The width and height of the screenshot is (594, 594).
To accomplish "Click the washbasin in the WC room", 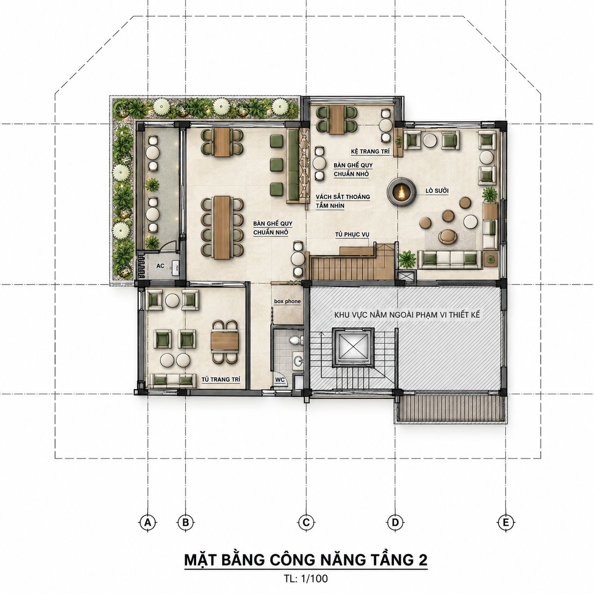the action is [297, 360].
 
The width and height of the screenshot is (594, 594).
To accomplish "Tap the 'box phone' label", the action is [288, 301].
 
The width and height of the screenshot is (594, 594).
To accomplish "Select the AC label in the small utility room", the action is [160, 266].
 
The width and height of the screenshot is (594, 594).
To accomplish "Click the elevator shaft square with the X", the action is [353, 347].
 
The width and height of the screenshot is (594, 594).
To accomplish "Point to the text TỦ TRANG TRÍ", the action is [221, 379].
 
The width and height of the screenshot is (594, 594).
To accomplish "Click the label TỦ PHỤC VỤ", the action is [352, 234].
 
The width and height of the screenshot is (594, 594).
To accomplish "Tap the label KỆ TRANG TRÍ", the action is [370, 152].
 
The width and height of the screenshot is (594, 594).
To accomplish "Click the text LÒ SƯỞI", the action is [437, 191].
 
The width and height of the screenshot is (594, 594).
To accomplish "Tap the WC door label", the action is [280, 380].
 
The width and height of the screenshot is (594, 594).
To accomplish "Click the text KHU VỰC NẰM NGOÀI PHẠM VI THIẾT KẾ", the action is [407, 315].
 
